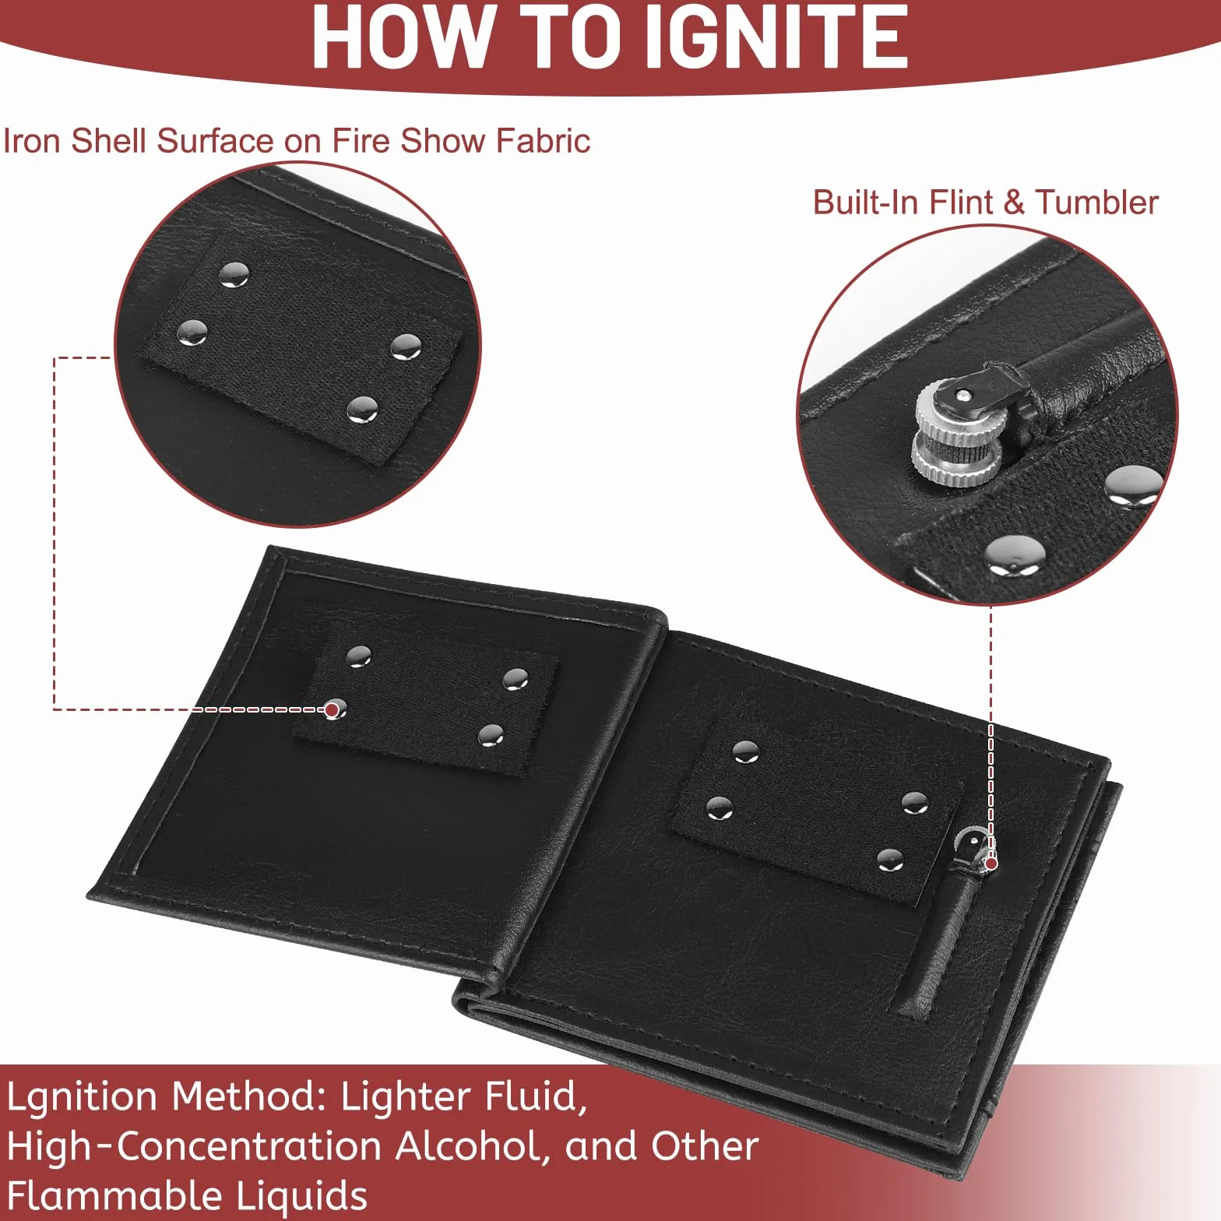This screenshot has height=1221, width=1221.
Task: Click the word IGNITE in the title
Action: click(778, 36)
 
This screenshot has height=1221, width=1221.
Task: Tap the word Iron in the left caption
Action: click(32, 141)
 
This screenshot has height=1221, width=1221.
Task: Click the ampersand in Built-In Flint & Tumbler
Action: click(1013, 203)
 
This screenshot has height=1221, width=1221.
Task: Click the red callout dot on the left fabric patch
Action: click(333, 709)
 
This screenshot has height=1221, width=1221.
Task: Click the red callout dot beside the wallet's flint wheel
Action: click(991, 864)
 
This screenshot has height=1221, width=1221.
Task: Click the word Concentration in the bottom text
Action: click(250, 1146)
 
